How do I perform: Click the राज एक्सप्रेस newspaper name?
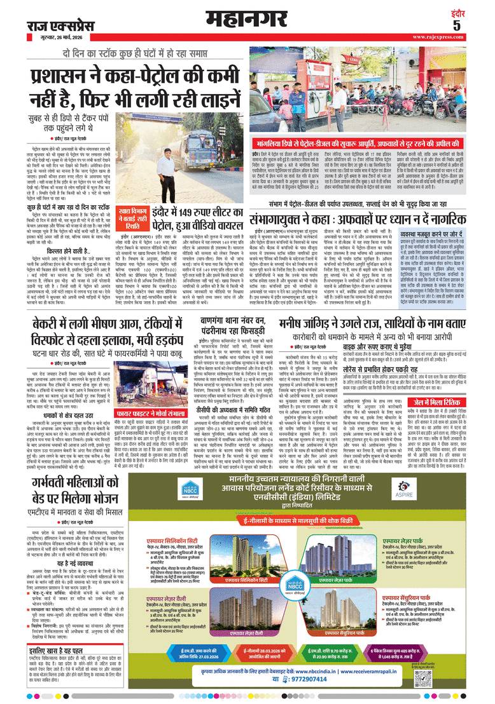click(55, 25)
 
